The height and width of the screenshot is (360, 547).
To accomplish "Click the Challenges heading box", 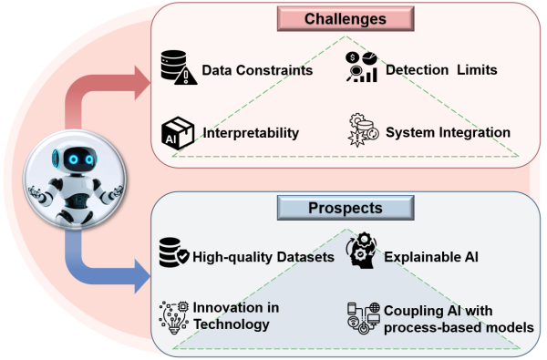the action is [x=346, y=19].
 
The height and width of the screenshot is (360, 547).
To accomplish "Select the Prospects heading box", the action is [x=346, y=208].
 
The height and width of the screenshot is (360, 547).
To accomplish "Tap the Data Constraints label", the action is [x=257, y=70].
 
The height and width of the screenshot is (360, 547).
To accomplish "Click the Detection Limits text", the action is [x=441, y=70].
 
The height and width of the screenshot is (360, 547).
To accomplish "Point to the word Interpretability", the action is [x=251, y=133].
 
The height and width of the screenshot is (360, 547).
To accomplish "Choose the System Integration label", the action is [x=448, y=132].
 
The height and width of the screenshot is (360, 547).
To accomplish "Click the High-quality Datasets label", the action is [x=263, y=257].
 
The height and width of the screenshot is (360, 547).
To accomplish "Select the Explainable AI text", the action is [x=431, y=257].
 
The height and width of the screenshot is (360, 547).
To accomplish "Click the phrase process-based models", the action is [x=459, y=327].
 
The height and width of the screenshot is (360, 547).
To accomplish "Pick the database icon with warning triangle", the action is [x=179, y=67].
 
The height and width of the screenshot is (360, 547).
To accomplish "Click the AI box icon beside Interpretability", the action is [x=178, y=133].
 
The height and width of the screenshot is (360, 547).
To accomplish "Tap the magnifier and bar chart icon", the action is [x=361, y=67].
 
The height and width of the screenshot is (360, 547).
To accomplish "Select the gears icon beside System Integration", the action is [x=363, y=129].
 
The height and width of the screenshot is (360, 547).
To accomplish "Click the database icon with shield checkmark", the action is [x=174, y=252].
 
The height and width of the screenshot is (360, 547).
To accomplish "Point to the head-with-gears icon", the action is [x=361, y=250].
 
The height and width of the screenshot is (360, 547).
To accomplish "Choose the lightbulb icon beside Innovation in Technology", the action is [x=174, y=317].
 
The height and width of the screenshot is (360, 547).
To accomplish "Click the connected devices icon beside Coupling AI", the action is [x=364, y=318].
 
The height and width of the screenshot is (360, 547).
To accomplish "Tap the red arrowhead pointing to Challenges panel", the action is [x=142, y=83].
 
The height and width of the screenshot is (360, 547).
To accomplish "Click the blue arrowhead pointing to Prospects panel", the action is [x=142, y=276].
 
